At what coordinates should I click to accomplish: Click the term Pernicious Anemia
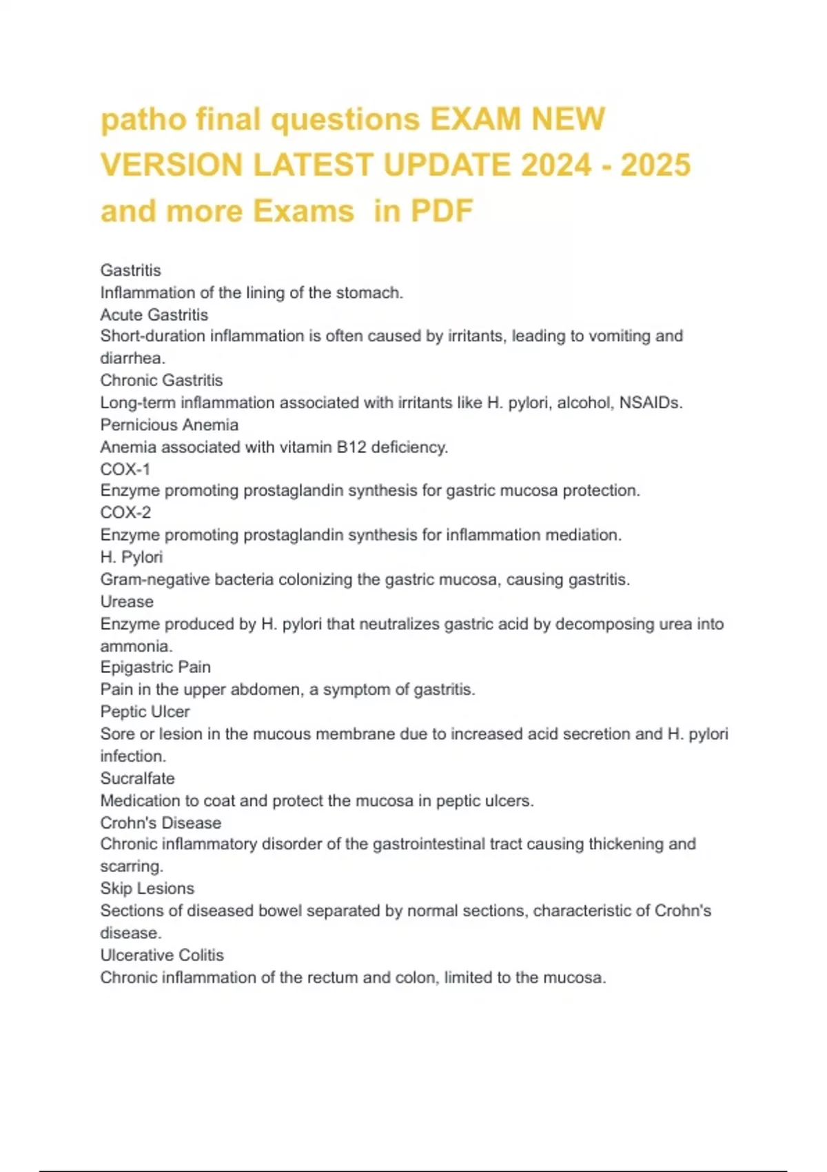click(169, 425)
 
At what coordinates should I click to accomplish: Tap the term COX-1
click(125, 469)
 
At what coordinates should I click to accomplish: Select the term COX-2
click(125, 513)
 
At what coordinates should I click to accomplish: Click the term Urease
click(127, 601)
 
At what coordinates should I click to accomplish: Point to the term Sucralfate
click(137, 778)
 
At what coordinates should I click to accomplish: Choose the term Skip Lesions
click(147, 888)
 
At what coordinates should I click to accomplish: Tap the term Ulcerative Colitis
click(162, 955)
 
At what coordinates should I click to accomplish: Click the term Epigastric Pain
click(155, 667)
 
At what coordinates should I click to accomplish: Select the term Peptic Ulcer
click(145, 711)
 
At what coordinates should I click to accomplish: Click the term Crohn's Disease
click(161, 822)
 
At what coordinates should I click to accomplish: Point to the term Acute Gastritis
click(154, 314)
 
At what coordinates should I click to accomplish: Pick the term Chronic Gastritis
click(161, 380)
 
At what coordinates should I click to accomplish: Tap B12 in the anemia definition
click(351, 447)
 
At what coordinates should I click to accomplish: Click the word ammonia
click(136, 646)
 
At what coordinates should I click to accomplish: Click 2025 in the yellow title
click(655, 165)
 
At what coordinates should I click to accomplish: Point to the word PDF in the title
click(442, 211)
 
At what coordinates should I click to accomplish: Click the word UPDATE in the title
click(447, 165)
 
